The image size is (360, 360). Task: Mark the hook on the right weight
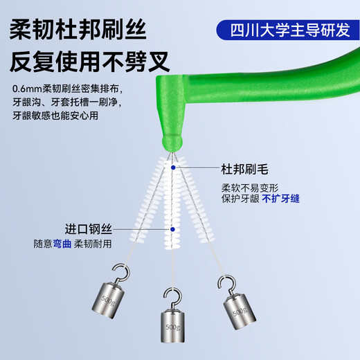pos(222,282)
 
